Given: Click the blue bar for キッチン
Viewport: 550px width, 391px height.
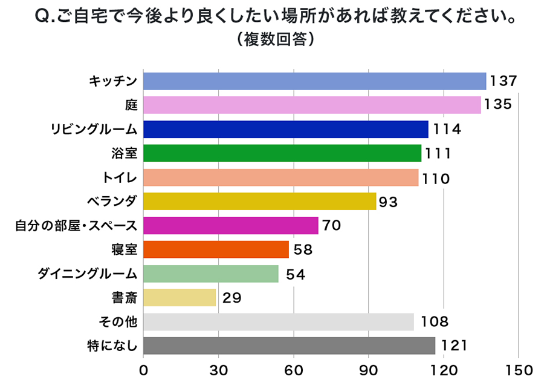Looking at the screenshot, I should pyautogui.click(x=314, y=81).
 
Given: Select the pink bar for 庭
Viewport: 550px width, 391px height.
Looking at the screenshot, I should pyautogui.click(x=312, y=105).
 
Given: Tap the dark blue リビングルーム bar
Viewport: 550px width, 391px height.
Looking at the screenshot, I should pyautogui.click(x=285, y=129).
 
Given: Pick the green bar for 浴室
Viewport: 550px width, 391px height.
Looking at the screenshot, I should pyautogui.click(x=282, y=153).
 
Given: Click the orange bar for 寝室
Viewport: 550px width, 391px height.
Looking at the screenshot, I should pyautogui.click(x=216, y=249).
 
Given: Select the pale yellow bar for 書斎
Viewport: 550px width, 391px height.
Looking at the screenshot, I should pyautogui.click(x=180, y=297).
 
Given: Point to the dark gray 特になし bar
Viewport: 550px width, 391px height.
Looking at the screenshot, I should pyautogui.click(x=289, y=346).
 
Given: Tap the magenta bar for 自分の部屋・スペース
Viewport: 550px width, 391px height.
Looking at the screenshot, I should pyautogui.click(x=230, y=225).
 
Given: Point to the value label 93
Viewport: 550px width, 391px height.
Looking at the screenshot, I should pyautogui.click(x=388, y=202).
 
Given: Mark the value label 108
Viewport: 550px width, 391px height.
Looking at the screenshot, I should pyautogui.click(x=433, y=321).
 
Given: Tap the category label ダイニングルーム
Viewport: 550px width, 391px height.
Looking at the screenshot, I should pyautogui.click(x=88, y=274).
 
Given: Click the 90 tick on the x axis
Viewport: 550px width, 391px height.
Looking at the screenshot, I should pyautogui.click(x=368, y=370).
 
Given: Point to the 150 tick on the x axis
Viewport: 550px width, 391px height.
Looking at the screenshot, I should pyautogui.click(x=519, y=370).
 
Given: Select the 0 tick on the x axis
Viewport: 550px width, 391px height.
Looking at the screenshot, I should pyautogui.click(x=143, y=370).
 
